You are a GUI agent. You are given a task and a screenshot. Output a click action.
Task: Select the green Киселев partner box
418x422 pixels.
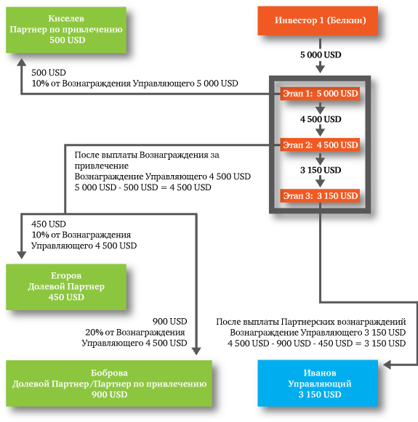(x=66, y=30)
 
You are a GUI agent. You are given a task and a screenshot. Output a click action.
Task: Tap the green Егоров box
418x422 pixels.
(x=66, y=287)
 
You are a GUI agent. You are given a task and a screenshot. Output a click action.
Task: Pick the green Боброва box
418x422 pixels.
(x=109, y=384)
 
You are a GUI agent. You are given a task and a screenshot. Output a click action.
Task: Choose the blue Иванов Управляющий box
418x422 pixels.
(x=318, y=384)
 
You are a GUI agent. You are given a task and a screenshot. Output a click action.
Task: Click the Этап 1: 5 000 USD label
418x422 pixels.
(x=320, y=94)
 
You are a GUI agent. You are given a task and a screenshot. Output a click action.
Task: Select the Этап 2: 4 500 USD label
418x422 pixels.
(x=320, y=145)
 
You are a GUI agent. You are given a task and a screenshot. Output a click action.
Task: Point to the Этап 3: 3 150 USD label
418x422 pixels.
(x=320, y=195)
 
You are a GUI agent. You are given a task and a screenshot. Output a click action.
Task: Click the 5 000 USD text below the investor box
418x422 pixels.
(x=321, y=55)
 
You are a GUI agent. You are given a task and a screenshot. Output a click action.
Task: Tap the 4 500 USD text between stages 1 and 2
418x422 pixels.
(x=321, y=119)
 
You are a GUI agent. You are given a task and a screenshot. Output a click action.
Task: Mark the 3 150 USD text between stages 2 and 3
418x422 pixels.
(x=321, y=170)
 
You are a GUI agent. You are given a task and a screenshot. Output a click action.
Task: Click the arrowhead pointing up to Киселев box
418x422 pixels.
(x=22, y=62)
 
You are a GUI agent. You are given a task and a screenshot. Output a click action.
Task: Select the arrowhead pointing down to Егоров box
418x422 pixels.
(x=22, y=255)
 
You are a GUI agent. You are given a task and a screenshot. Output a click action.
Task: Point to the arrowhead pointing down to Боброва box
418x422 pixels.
(x=196, y=351)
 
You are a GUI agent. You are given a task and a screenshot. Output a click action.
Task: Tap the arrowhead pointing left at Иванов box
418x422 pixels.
(x=387, y=365)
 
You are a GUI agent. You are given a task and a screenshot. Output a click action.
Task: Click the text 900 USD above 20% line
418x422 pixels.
(x=169, y=322)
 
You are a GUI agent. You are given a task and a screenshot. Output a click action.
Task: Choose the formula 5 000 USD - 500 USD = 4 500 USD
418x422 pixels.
(x=142, y=187)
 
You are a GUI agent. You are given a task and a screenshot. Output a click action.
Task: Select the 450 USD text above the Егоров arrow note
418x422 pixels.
(x=49, y=224)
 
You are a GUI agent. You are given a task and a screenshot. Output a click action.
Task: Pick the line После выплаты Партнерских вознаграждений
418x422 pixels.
(x=311, y=322)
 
